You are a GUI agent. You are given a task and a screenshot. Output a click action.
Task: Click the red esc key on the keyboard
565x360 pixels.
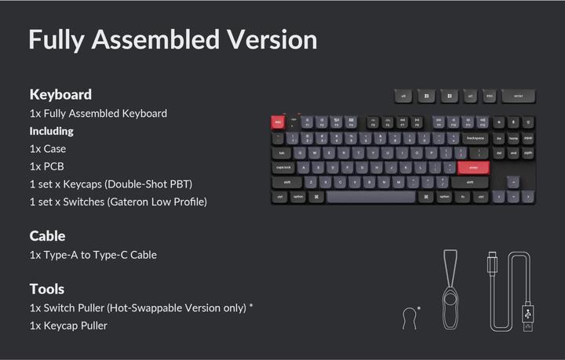pyautogui.click(x=278, y=122)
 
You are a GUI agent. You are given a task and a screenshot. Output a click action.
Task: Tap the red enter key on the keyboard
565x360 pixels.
pyautogui.click(x=473, y=167)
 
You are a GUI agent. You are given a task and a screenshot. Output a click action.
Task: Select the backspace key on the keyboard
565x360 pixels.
pyautogui.click(x=475, y=137)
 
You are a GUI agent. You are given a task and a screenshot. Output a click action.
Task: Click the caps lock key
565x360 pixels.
pyautogui.click(x=283, y=167)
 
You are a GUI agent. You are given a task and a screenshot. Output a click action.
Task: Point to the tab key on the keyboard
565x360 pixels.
pyautogui.click(x=281, y=152)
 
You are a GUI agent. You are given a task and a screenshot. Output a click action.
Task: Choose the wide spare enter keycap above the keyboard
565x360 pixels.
pyautogui.click(x=519, y=96)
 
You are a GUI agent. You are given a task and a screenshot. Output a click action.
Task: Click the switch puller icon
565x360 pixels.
pyautogui.click(x=408, y=317)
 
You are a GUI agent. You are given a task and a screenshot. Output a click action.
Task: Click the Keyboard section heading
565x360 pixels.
pyautogui.click(x=60, y=94)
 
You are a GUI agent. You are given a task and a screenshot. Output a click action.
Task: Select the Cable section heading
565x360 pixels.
pyautogui.click(x=47, y=235)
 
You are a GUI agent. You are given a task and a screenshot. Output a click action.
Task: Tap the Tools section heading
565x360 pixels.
pyautogui.click(x=47, y=289)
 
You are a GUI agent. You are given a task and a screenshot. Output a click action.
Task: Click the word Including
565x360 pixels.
pyautogui.click(x=51, y=131)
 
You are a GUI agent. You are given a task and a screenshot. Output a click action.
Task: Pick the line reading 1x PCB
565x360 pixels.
pyautogui.click(x=46, y=166)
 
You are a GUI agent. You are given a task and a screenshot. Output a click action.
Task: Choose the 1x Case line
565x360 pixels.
pyautogui.click(x=48, y=149)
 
